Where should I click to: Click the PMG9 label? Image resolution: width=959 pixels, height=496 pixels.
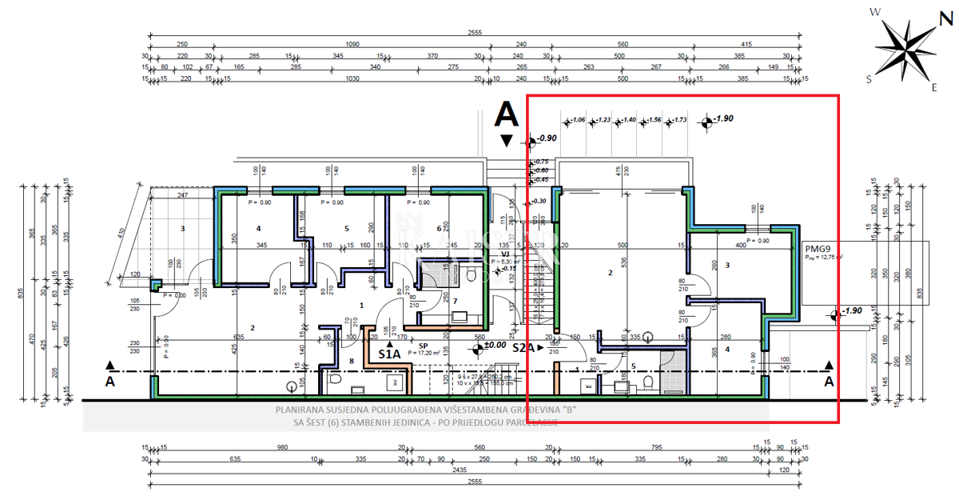[817, 248]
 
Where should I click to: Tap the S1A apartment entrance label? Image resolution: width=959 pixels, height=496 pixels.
[389, 353]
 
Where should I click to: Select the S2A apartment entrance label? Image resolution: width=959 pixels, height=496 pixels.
[524, 349]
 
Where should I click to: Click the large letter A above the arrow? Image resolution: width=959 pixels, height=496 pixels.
[506, 114]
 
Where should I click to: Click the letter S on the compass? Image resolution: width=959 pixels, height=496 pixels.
[869, 78]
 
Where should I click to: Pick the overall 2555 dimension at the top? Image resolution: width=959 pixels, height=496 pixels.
[475, 33]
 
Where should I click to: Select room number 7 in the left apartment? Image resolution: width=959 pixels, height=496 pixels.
[456, 300]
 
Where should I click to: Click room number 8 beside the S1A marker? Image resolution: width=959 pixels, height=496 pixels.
[352, 361]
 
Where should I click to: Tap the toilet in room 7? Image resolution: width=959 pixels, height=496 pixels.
[472, 275]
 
